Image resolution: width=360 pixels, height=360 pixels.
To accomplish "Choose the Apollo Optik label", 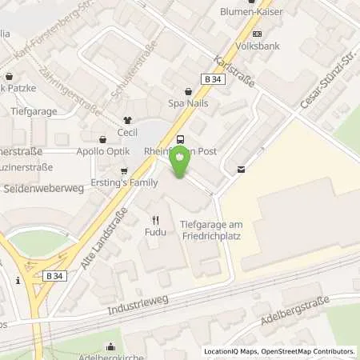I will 102,150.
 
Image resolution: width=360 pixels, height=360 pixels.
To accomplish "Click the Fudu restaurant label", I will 155,232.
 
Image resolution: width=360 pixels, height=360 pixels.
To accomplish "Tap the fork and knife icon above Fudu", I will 155,219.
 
